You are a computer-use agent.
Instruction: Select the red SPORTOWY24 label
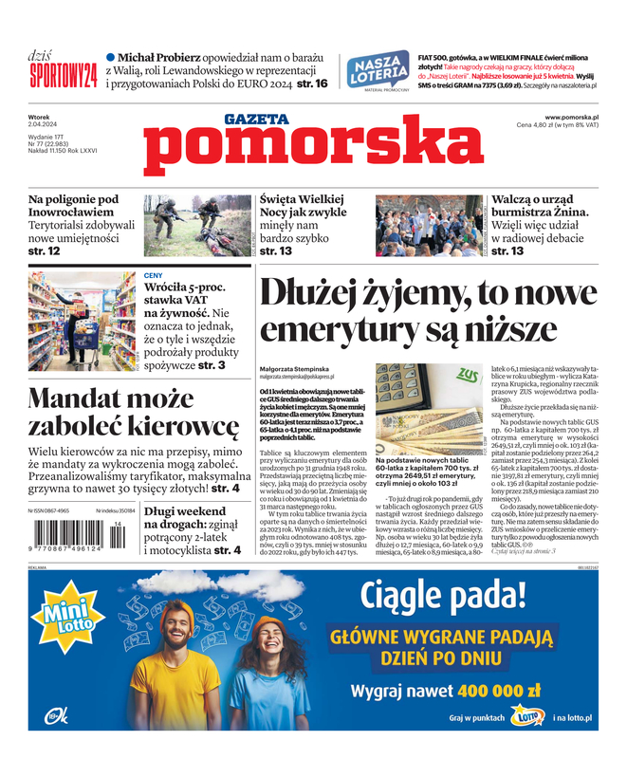click(64, 75)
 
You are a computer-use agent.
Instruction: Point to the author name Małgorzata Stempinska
click(292, 367)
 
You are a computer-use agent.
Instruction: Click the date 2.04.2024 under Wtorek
click(48, 126)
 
